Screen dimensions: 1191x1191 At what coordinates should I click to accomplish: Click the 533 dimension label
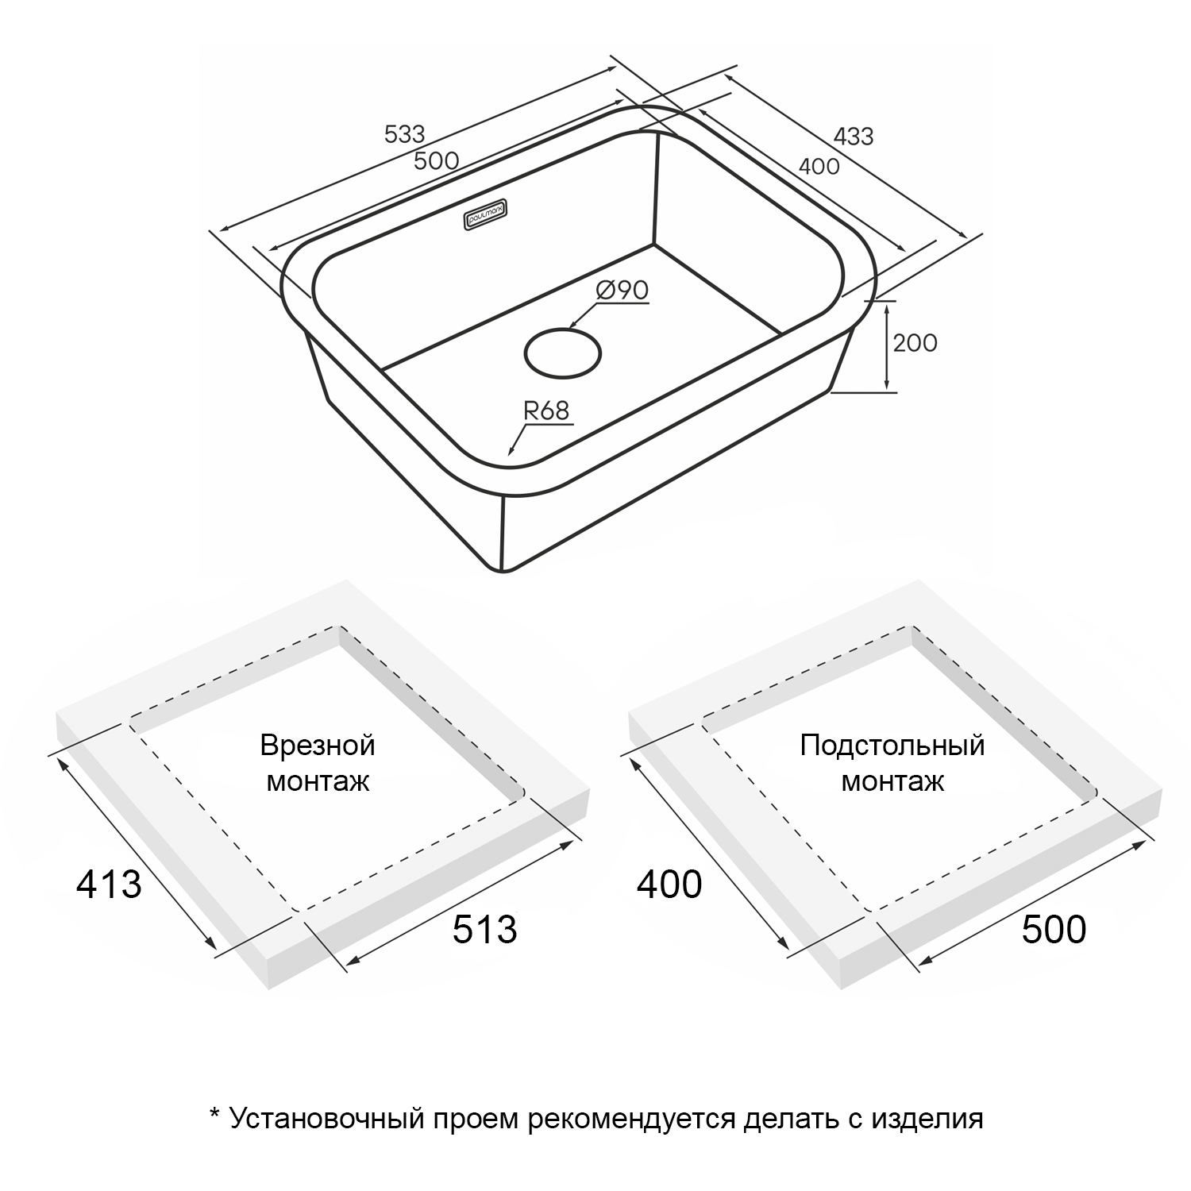[405, 134]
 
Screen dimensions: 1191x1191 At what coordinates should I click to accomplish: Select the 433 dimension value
[854, 137]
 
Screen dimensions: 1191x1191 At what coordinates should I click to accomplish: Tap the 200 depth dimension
[915, 343]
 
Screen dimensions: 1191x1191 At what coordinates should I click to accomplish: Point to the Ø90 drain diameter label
[622, 291]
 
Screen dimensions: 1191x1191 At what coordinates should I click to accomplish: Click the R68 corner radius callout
[546, 410]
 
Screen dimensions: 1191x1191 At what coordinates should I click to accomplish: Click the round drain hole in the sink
[562, 353]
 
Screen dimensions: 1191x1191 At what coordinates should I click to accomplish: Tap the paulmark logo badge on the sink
[487, 215]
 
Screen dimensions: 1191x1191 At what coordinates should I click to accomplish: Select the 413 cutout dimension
[109, 884]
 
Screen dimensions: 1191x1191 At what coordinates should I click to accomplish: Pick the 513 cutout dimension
[484, 929]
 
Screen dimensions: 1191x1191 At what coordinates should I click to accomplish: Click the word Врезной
[318, 746]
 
